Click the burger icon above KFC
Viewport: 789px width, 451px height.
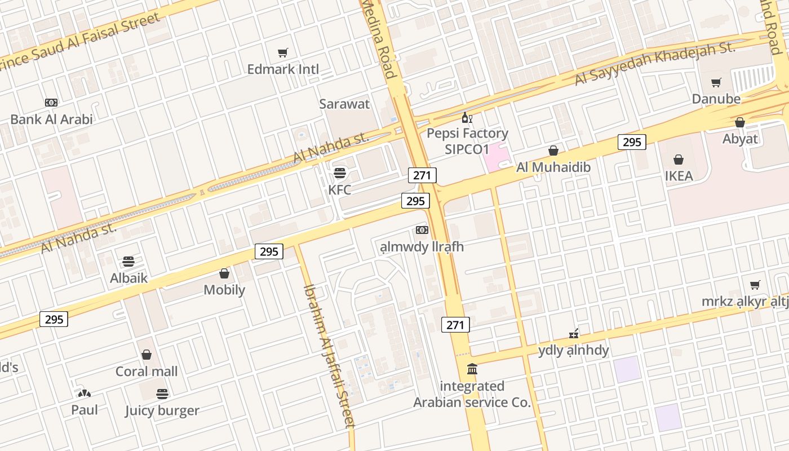pos(340,173)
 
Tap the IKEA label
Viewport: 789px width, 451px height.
pos(679,176)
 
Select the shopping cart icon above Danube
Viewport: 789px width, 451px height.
pos(716,83)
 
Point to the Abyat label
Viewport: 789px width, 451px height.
pos(740,139)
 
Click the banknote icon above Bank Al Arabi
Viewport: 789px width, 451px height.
pos(51,103)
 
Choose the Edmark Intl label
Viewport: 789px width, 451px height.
pos(283,69)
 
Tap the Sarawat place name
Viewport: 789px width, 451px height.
pos(344,104)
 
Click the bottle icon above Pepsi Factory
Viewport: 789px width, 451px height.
pos(467,117)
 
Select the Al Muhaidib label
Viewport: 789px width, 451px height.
pos(553,167)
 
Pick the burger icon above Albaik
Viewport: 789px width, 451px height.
pos(128,262)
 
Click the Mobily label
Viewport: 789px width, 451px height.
pos(224,290)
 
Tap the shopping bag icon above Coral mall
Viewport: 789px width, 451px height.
pos(147,355)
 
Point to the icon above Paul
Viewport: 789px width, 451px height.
pos(85,393)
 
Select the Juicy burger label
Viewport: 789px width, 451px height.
pos(162,410)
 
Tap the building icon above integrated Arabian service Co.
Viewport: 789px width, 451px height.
pos(472,369)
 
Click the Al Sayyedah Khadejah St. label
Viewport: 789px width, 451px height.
pos(655,64)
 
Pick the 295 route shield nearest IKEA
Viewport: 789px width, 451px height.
pos(632,142)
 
